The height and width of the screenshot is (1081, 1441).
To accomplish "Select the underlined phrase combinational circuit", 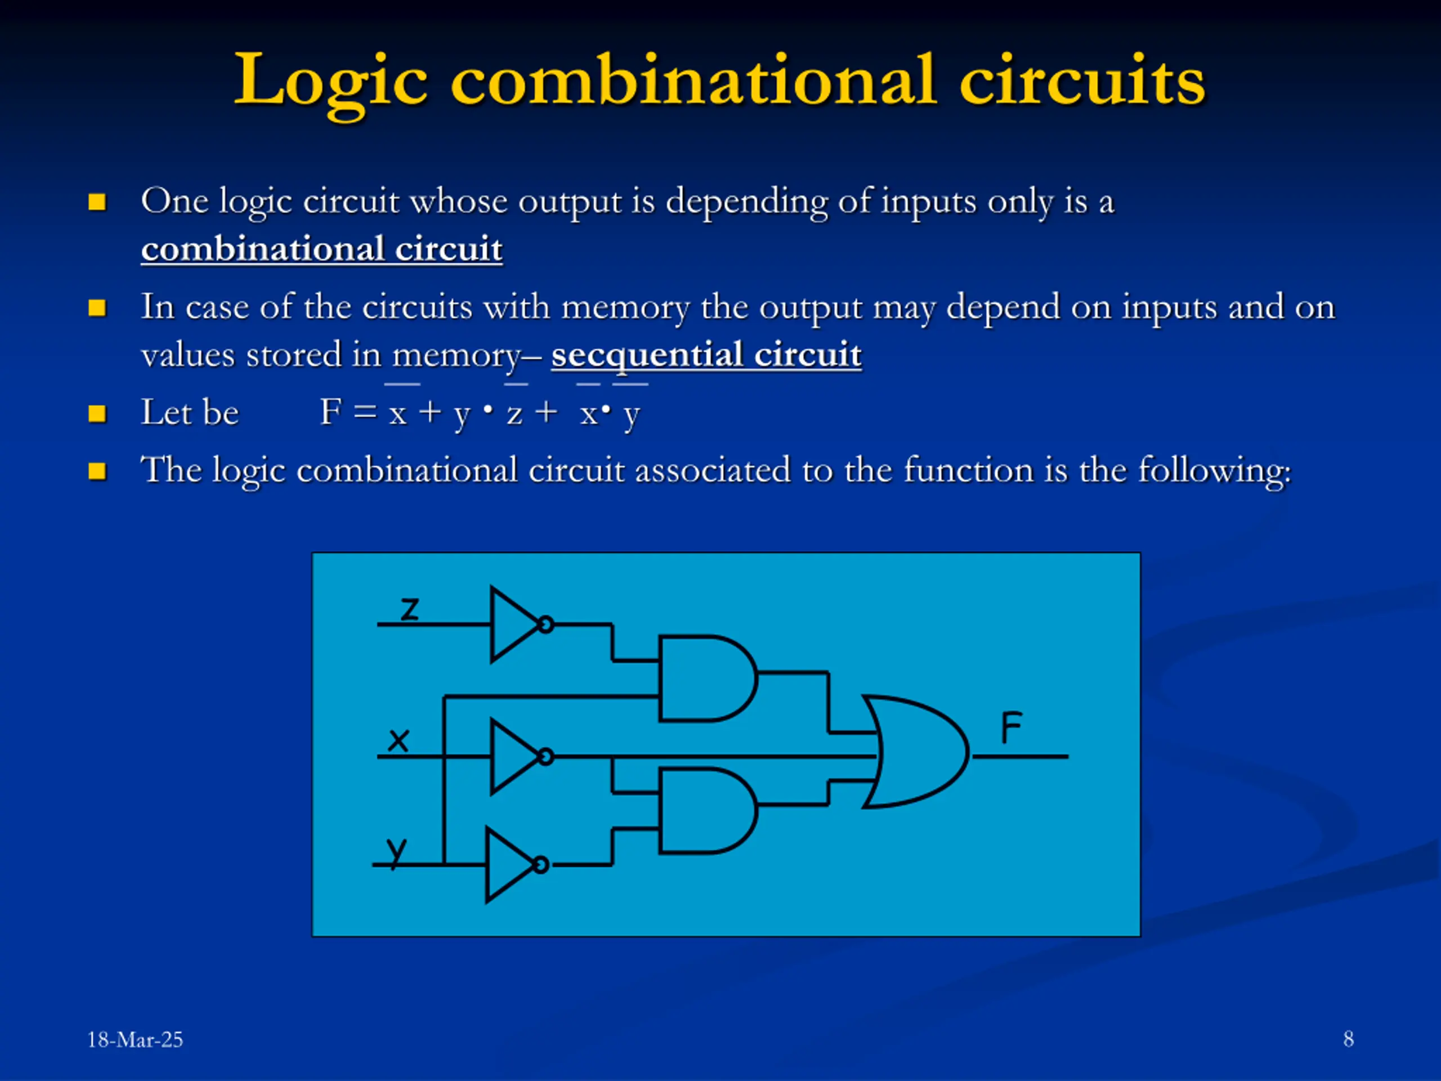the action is coord(322,249).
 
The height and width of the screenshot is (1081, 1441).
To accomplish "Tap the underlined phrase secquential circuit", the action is coord(706,355).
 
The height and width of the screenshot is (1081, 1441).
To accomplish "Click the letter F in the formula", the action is coord(330,412).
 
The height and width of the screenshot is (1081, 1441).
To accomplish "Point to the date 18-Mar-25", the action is coord(135,1039).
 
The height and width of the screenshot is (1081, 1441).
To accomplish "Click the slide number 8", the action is coord(1348,1039).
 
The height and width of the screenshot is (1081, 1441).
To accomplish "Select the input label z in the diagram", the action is coord(409,609).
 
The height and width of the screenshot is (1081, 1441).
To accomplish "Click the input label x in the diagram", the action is coord(398,740).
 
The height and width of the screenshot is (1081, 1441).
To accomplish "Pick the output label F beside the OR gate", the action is coord(1011,728).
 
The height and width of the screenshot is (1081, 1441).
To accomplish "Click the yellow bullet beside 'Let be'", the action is coord(97,414).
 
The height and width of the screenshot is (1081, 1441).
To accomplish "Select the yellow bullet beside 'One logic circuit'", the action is coord(97,202).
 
